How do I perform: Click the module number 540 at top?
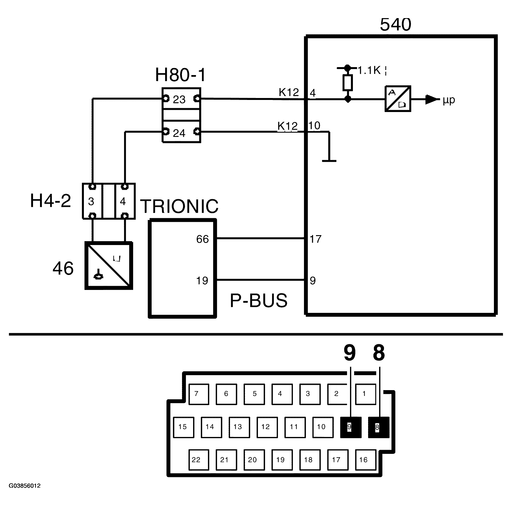tap(395, 25)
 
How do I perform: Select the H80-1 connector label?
tap(180, 75)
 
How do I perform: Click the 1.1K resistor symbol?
tap(347, 83)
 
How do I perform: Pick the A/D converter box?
tap(398, 99)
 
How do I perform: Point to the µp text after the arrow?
tap(449, 100)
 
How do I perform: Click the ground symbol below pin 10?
tap(329, 160)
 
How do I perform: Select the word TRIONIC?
tap(179, 206)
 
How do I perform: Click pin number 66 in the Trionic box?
tap(202, 239)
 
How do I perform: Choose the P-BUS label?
tap(258, 300)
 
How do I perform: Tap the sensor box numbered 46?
tap(109, 266)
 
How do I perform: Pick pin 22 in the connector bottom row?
tap(198, 460)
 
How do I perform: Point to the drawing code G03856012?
tap(25, 486)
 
